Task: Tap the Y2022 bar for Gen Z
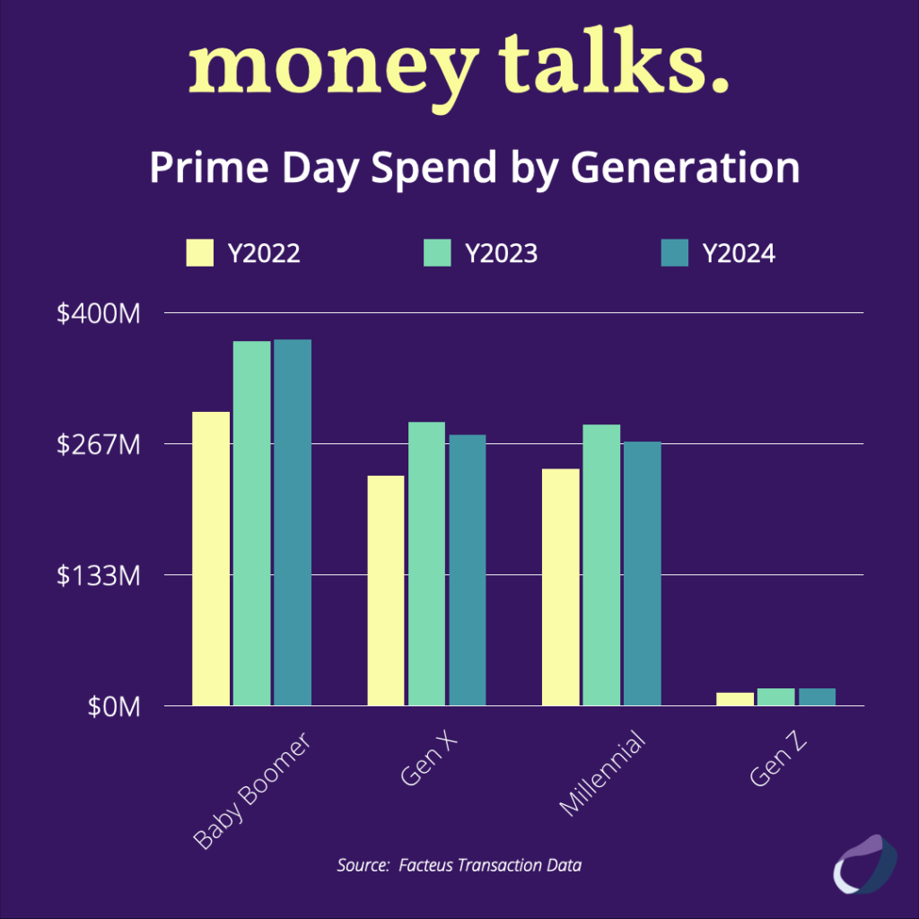(734, 699)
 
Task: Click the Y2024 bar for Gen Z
(817, 697)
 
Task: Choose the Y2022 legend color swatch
(200, 254)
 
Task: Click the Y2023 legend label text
(501, 254)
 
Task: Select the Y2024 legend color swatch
(674, 254)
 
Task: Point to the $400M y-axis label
(100, 313)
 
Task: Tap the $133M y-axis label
(100, 575)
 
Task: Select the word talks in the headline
(614, 64)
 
